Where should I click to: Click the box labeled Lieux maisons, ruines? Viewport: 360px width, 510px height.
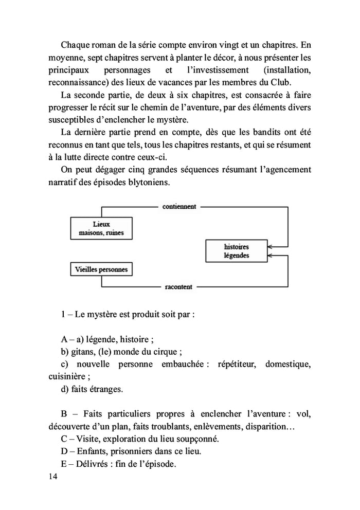click(x=101, y=228)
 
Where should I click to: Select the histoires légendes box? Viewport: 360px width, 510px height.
click(x=237, y=250)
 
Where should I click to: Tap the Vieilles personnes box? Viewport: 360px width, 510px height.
click(x=101, y=268)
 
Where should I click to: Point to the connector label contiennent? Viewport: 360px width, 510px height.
click(x=179, y=207)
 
